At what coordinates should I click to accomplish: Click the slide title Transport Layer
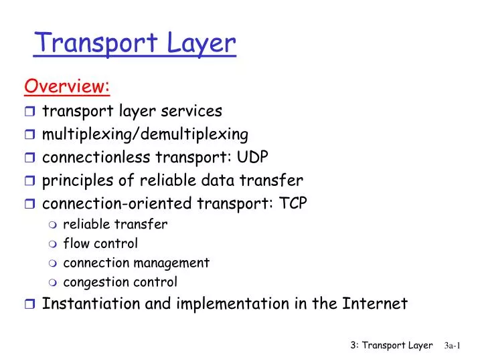click(136, 43)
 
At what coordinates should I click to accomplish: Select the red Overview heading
click(67, 86)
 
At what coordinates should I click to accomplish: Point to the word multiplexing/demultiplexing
click(145, 134)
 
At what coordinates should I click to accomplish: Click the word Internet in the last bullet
click(375, 304)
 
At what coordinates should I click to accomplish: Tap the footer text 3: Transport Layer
click(392, 345)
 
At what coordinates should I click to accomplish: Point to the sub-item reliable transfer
click(115, 225)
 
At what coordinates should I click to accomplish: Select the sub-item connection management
click(136, 263)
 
